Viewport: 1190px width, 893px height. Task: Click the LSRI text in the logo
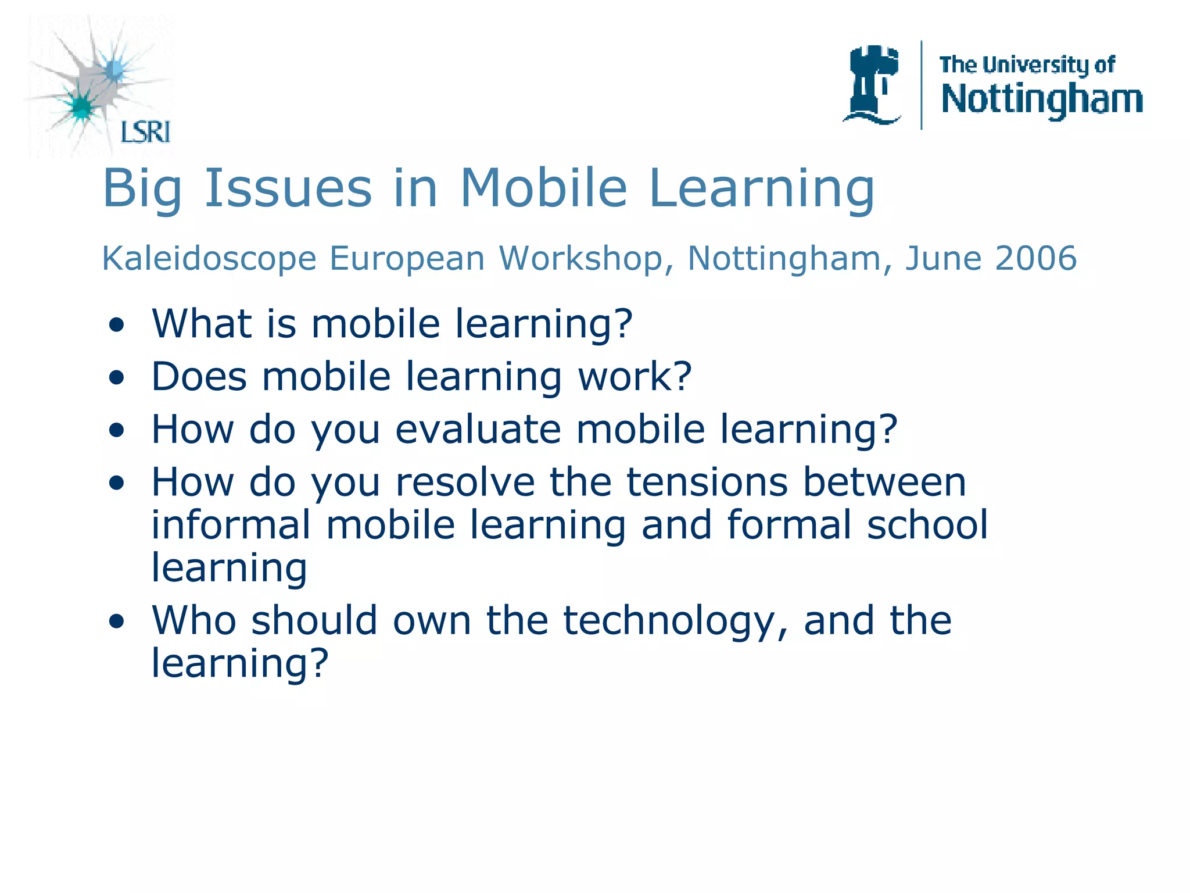(x=145, y=132)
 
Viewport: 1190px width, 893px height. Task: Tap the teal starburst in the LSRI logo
(x=81, y=106)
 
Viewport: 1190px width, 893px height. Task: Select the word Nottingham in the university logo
(x=1042, y=99)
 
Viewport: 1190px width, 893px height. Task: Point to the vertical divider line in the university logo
(x=922, y=85)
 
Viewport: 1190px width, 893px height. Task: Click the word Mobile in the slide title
(x=544, y=188)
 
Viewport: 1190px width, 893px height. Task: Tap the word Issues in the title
(x=288, y=188)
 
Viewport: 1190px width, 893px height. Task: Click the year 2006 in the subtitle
(x=1035, y=258)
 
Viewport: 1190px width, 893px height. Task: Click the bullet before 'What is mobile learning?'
(x=117, y=326)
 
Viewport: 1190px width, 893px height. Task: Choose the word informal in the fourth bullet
(x=231, y=524)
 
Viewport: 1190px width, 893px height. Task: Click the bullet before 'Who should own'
(x=117, y=622)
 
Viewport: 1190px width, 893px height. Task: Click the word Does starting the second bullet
(x=199, y=376)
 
